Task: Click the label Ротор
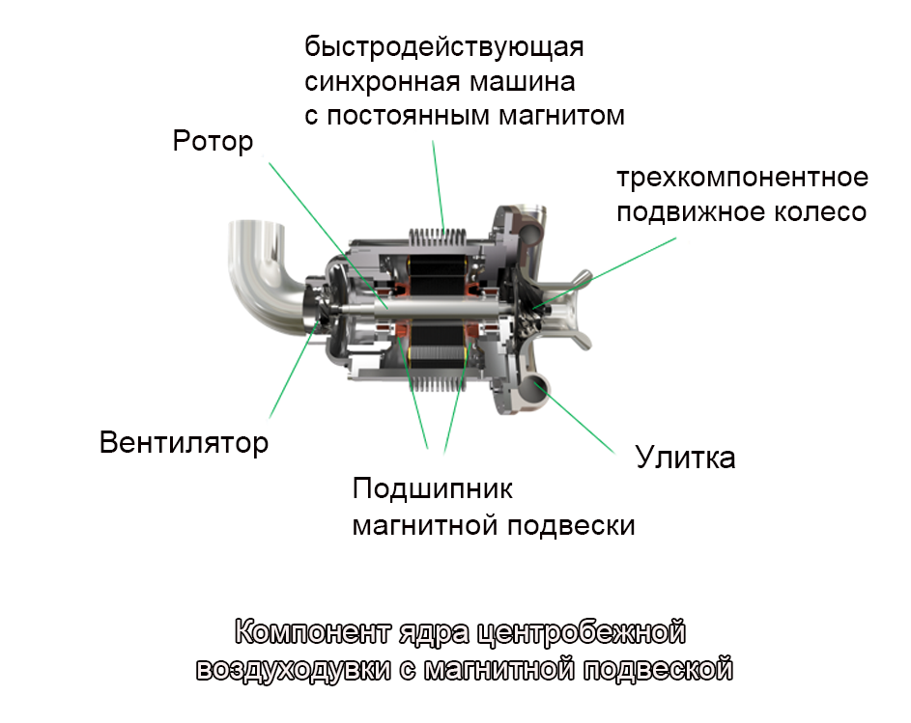coord(213,142)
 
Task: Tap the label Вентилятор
coord(184,442)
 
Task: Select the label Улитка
coord(686,457)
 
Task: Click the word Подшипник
coord(432,489)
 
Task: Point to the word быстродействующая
coord(443,47)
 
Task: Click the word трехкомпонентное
coord(743,178)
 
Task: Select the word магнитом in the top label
coord(562,116)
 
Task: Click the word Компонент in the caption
coord(315,632)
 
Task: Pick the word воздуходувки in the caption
coord(294,669)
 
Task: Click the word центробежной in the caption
coord(581,632)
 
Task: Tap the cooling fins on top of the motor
coord(438,238)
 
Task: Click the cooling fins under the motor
coord(439,382)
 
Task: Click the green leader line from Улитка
coord(579,422)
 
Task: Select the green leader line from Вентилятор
coord(294,370)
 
